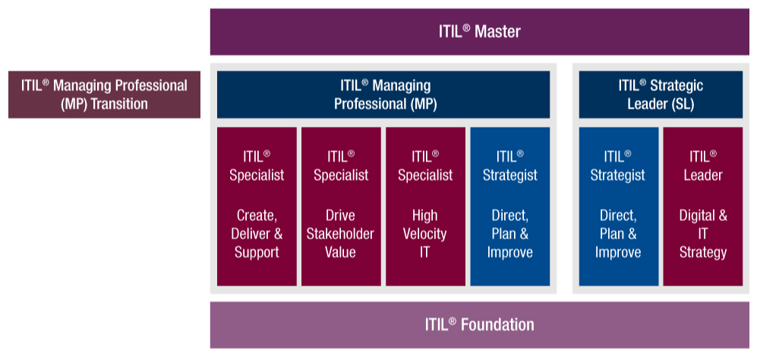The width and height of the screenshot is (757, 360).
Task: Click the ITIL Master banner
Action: pyautogui.click(x=479, y=32)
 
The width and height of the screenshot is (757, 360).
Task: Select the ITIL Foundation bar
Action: pyautogui.click(x=479, y=325)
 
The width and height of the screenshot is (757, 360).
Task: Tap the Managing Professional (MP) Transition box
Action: pyautogui.click(x=104, y=95)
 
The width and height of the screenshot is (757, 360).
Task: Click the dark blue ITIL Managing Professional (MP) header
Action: pyautogui.click(x=383, y=95)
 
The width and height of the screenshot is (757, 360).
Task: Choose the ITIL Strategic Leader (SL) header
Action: pyautogui.click(x=661, y=95)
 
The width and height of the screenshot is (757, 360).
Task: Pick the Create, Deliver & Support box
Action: pyautogui.click(x=257, y=207)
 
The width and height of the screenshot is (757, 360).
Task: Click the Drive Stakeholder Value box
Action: pyautogui.click(x=341, y=207)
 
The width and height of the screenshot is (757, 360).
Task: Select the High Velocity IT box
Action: pyautogui.click(x=425, y=207)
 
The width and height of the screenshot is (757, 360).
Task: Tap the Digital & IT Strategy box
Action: pyautogui.click(x=702, y=207)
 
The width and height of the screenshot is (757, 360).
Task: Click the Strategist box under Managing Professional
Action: pyautogui.click(x=510, y=207)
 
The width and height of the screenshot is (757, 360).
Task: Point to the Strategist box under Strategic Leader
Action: pyautogui.click(x=618, y=207)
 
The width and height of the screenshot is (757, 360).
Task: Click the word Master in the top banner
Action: pyautogui.click(x=497, y=32)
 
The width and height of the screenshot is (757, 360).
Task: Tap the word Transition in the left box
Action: pyautogui.click(x=118, y=104)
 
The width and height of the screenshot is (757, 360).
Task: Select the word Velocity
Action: pyautogui.click(x=425, y=234)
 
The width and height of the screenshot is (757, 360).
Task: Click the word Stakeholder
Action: pyautogui.click(x=341, y=234)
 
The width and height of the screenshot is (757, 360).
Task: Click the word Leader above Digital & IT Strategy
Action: pyautogui.click(x=702, y=175)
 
